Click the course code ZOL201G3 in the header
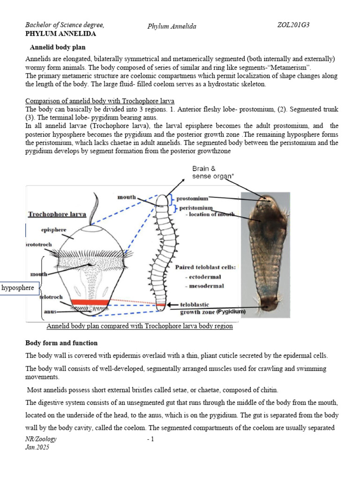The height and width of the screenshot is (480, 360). click(x=293, y=25)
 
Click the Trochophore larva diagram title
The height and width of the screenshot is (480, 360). click(x=57, y=214)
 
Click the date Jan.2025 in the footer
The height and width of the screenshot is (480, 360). click(x=37, y=448)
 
